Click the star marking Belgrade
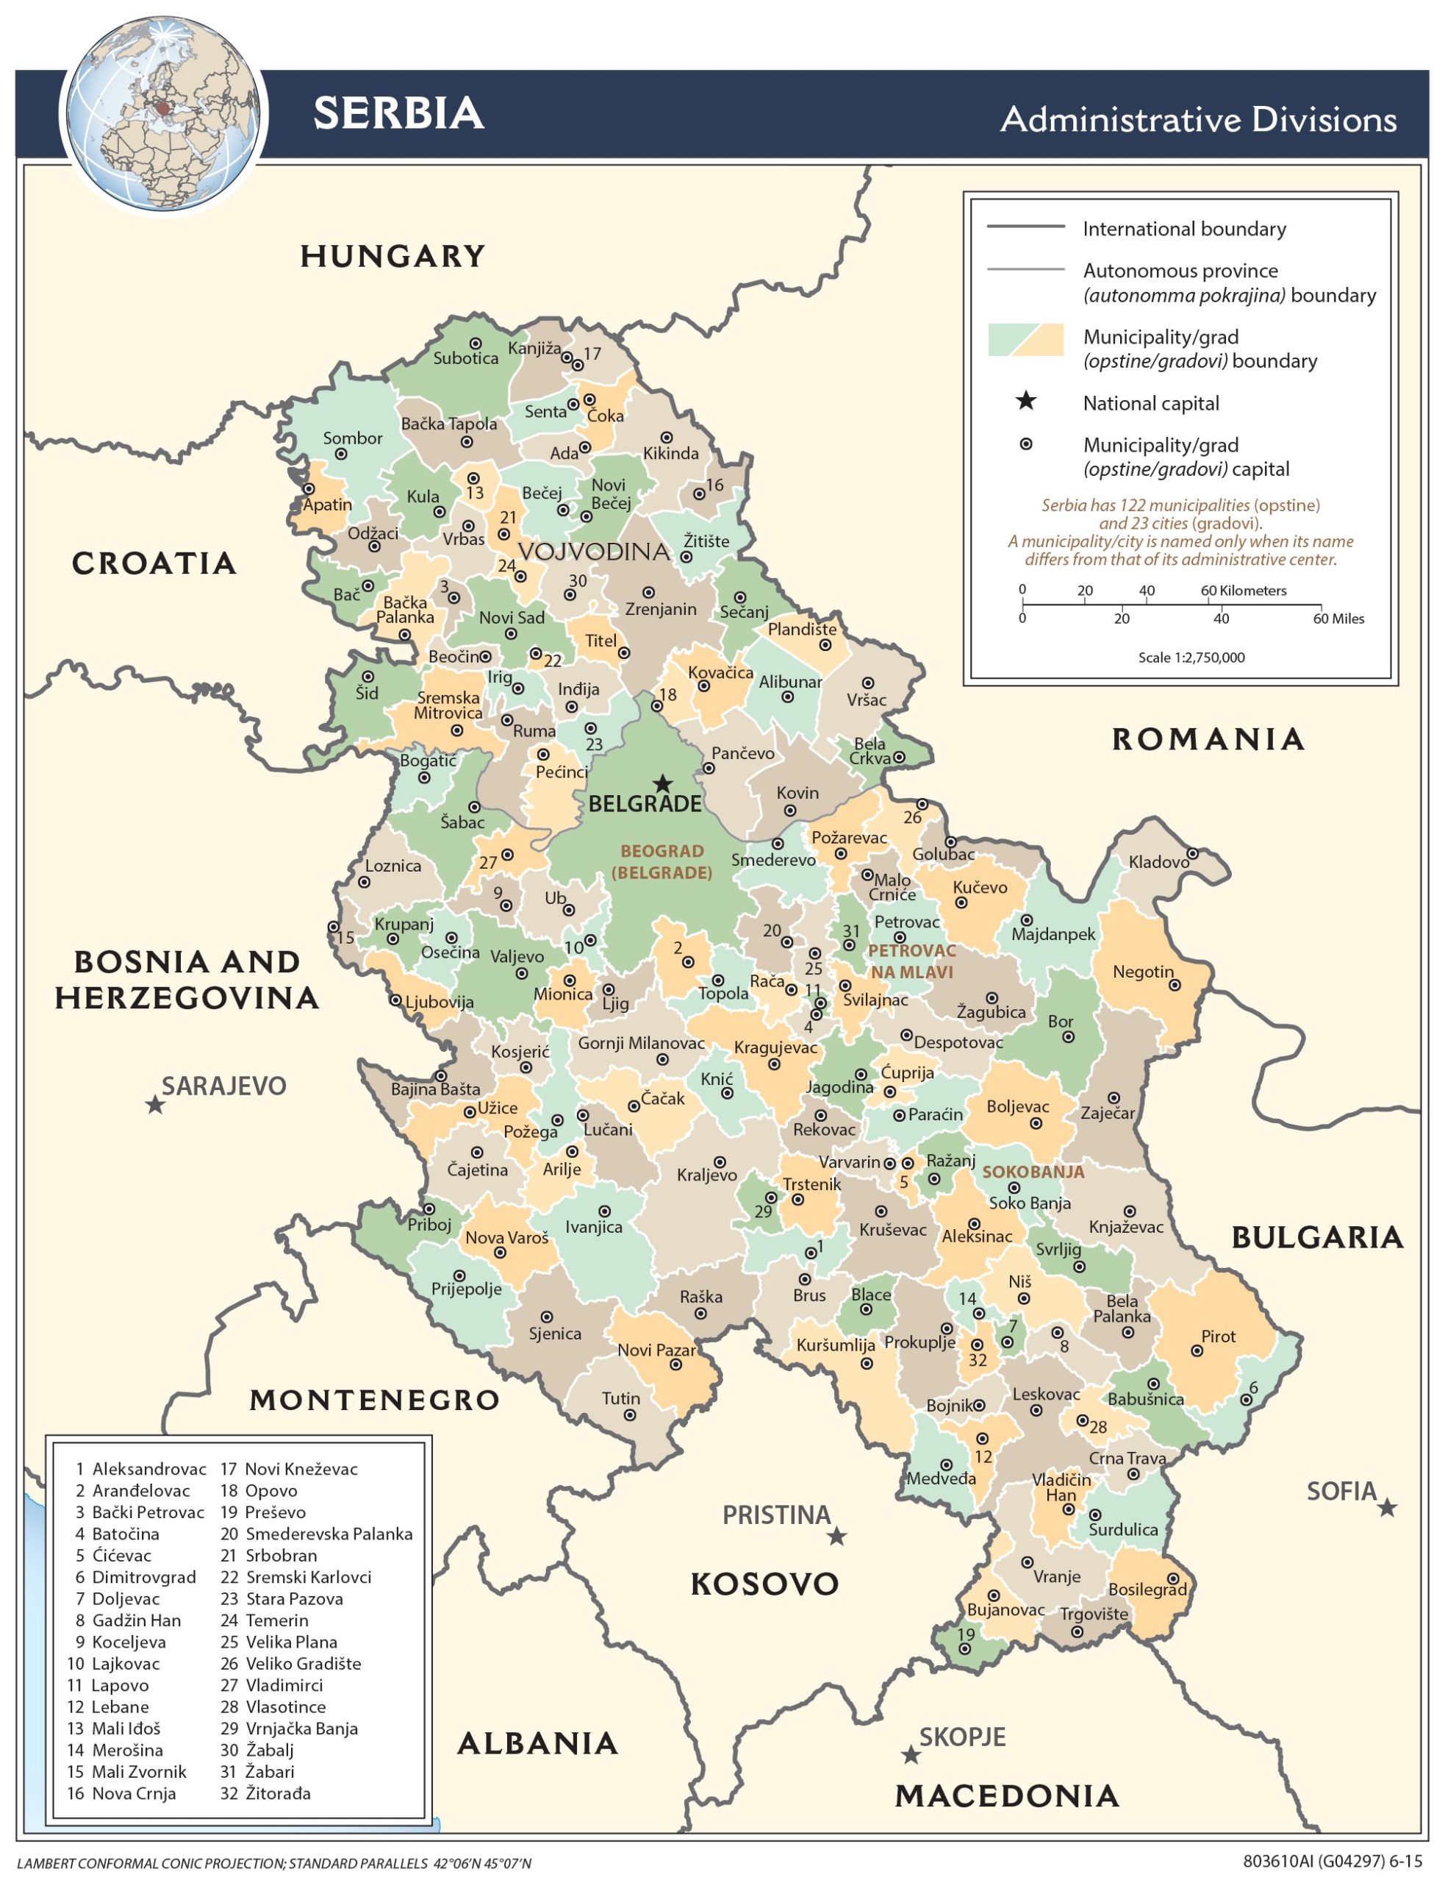click(662, 783)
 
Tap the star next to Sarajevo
click(155, 1104)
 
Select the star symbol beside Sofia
click(1386, 1508)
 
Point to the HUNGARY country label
click(392, 257)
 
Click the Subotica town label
click(465, 358)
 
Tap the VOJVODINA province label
click(593, 552)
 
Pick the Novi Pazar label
click(656, 1350)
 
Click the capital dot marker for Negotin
click(1174, 985)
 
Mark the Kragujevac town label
click(775, 1047)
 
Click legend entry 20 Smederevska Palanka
click(317, 1534)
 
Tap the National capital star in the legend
click(1025, 401)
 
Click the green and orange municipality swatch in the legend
click(1025, 340)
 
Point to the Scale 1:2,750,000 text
click(1191, 658)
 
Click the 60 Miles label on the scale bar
click(1338, 619)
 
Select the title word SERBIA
click(398, 113)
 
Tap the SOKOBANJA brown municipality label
click(1033, 1172)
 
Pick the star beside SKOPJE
click(910, 1755)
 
